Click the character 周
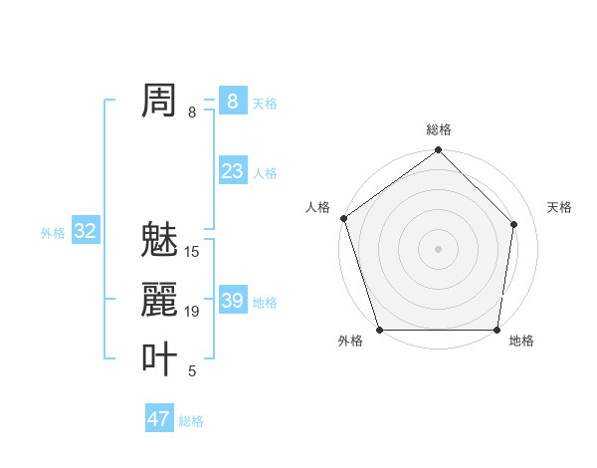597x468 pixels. pyautogui.click(x=159, y=101)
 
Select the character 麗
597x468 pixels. pyautogui.click(x=159, y=300)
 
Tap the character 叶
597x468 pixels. pyautogui.click(x=159, y=359)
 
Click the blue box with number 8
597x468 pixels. pyautogui.click(x=232, y=101)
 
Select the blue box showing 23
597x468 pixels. pyautogui.click(x=232, y=171)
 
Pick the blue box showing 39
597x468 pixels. pyautogui.click(x=232, y=301)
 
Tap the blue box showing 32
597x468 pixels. pyautogui.click(x=85, y=231)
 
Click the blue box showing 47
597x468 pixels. pyautogui.click(x=159, y=418)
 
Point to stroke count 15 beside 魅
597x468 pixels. pyautogui.click(x=192, y=252)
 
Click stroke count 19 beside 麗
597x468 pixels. pyautogui.click(x=192, y=312)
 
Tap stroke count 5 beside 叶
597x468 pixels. pyautogui.click(x=192, y=371)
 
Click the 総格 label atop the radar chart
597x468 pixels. pyautogui.click(x=439, y=129)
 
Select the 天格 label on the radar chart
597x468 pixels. pyautogui.click(x=560, y=207)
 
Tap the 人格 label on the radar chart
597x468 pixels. pyautogui.click(x=317, y=207)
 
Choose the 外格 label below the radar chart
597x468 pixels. pyautogui.click(x=350, y=341)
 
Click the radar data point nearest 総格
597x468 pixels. pyautogui.click(x=439, y=151)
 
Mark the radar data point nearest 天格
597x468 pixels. pyautogui.click(x=514, y=224)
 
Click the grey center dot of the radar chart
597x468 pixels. pyautogui.click(x=438, y=248)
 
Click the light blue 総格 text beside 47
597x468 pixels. pyautogui.click(x=191, y=421)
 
